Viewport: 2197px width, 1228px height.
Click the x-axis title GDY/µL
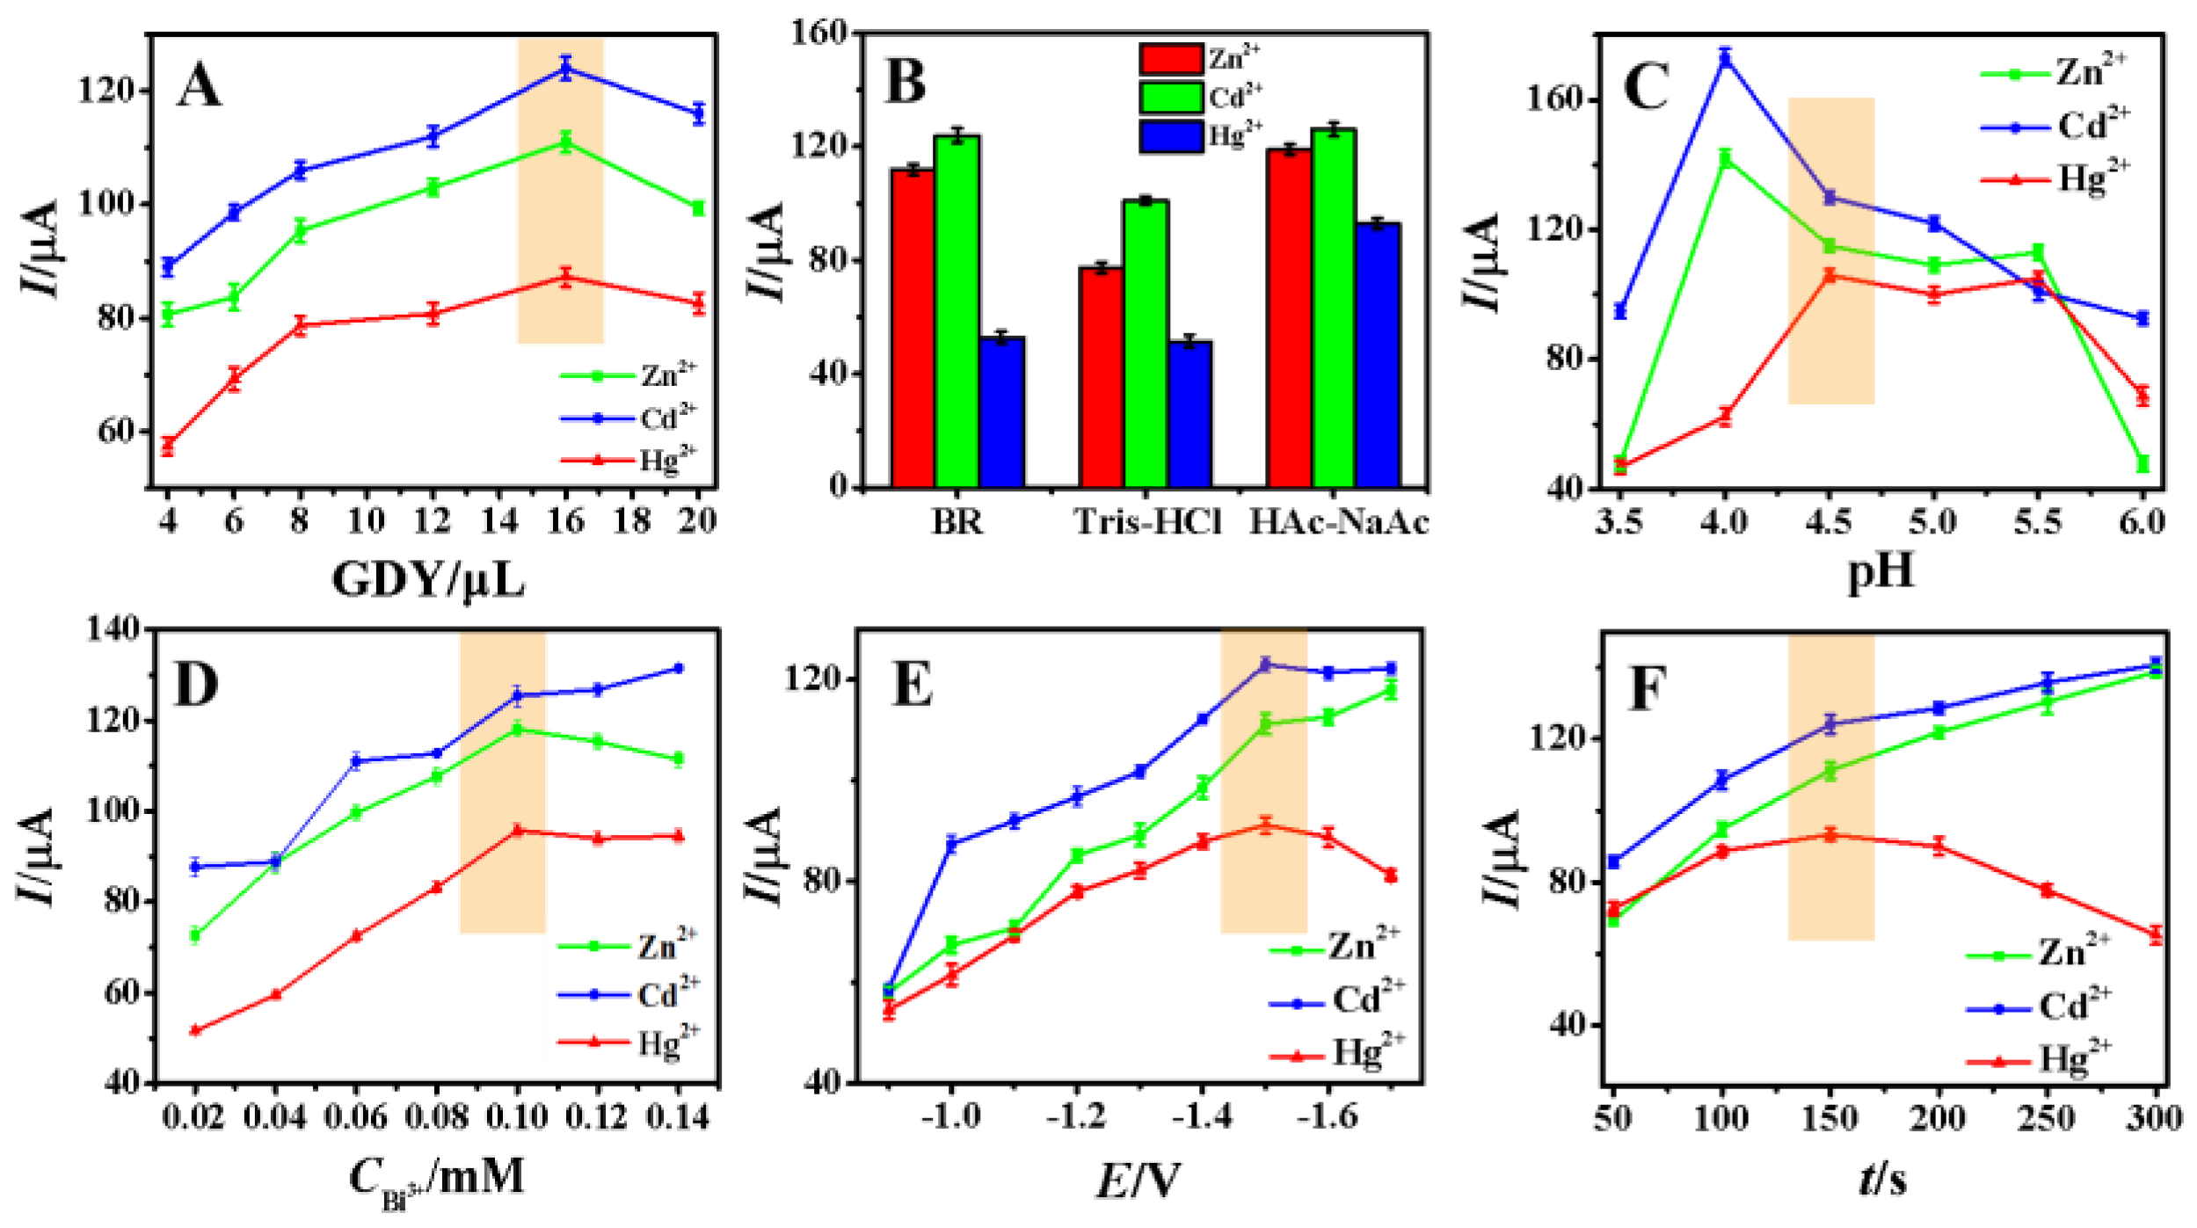(x=428, y=580)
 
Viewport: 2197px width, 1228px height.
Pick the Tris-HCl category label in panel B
(x=1148, y=523)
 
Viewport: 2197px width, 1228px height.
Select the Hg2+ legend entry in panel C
(x=2057, y=179)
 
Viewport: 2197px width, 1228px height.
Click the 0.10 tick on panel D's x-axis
(x=517, y=1117)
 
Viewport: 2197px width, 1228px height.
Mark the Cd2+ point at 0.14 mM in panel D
(x=678, y=668)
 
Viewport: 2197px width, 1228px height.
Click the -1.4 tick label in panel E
(x=1202, y=1116)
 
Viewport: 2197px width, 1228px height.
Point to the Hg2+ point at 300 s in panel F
(x=2156, y=934)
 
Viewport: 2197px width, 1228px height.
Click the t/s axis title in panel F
(x=1882, y=1180)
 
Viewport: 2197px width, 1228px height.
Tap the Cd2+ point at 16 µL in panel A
(x=565, y=69)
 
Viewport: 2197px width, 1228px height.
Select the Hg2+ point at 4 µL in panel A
(x=168, y=446)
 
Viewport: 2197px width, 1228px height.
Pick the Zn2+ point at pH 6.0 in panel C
(x=2142, y=463)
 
